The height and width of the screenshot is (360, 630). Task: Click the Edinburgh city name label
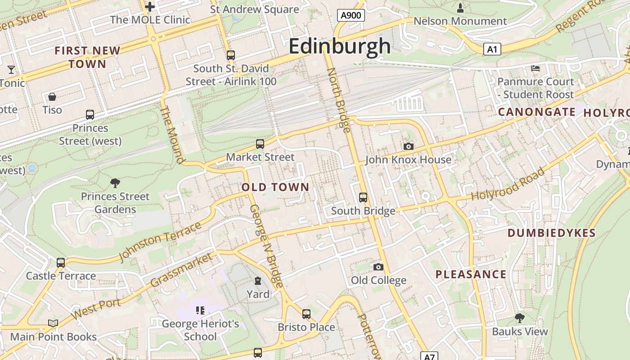click(340, 46)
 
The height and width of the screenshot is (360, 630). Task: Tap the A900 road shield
click(351, 16)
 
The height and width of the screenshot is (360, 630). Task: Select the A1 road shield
click(492, 49)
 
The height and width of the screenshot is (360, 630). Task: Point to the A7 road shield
click(430, 356)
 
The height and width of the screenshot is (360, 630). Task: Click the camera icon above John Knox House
click(409, 146)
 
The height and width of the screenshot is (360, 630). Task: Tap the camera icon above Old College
click(378, 267)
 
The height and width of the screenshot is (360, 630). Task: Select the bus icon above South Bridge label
click(363, 197)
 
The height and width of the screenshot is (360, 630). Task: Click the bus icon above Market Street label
click(260, 144)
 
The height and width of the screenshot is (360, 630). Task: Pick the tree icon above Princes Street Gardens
click(115, 183)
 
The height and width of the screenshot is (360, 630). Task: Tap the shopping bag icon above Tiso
click(52, 97)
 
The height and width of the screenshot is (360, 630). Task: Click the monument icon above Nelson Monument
click(460, 8)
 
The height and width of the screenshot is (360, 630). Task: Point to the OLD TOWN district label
click(275, 187)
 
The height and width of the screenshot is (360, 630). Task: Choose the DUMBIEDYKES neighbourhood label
click(552, 233)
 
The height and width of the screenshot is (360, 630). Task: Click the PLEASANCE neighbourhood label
click(471, 274)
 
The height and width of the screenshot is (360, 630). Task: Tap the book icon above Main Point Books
click(53, 323)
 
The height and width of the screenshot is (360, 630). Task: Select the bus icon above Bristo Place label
click(306, 314)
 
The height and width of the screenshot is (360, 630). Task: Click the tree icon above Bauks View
click(520, 318)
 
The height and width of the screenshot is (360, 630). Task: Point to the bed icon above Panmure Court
click(535, 68)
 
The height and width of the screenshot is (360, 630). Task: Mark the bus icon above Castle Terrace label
click(61, 262)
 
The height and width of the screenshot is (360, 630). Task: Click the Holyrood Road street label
click(508, 184)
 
